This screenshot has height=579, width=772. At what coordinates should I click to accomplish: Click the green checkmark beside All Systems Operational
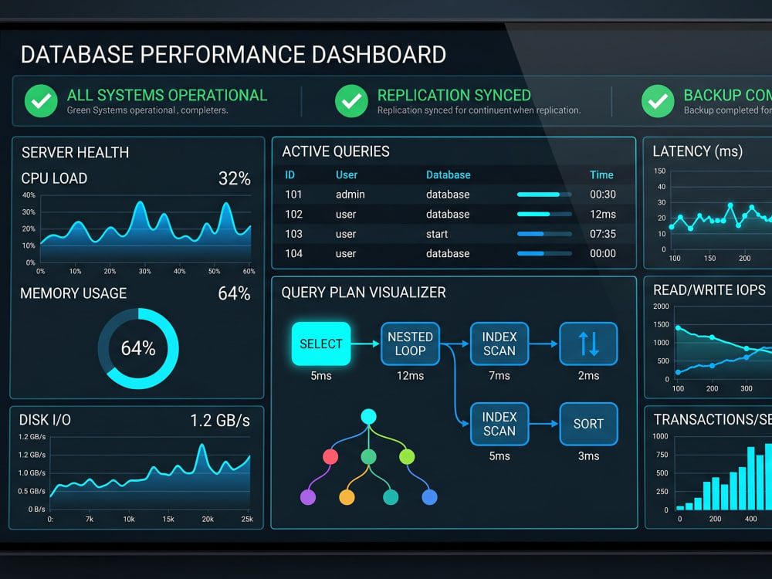(x=41, y=101)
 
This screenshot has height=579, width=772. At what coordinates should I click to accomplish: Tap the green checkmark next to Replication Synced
(x=351, y=101)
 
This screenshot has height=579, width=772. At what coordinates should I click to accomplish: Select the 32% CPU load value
(x=235, y=178)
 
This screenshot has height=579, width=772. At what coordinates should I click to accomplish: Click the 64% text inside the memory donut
(x=138, y=348)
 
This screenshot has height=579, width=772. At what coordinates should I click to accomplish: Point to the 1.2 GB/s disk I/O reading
(x=220, y=421)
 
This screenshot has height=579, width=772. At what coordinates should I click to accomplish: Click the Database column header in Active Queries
(x=448, y=174)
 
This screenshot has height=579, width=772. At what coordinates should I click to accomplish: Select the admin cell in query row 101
(x=350, y=195)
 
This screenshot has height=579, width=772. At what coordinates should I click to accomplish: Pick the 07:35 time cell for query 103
(x=603, y=234)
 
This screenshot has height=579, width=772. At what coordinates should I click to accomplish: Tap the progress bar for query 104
(x=544, y=253)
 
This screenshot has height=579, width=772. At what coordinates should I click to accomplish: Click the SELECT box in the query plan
(x=321, y=344)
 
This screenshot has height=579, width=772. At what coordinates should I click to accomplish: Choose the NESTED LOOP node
(x=410, y=344)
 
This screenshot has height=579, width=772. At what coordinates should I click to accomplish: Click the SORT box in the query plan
(x=588, y=424)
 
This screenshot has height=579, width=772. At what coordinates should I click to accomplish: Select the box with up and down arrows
(x=588, y=344)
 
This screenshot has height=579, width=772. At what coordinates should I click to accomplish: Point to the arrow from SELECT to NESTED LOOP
(x=365, y=344)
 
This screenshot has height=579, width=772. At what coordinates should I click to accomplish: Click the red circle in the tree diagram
(x=330, y=457)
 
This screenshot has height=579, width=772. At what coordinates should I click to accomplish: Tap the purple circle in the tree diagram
(x=308, y=497)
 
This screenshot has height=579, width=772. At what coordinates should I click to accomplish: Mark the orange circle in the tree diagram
(x=347, y=497)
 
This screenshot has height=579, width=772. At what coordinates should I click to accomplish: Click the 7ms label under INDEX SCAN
(x=499, y=376)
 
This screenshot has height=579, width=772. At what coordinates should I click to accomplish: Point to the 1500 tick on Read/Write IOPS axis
(x=662, y=324)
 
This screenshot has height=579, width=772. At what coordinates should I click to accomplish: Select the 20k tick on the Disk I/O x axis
(x=208, y=519)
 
